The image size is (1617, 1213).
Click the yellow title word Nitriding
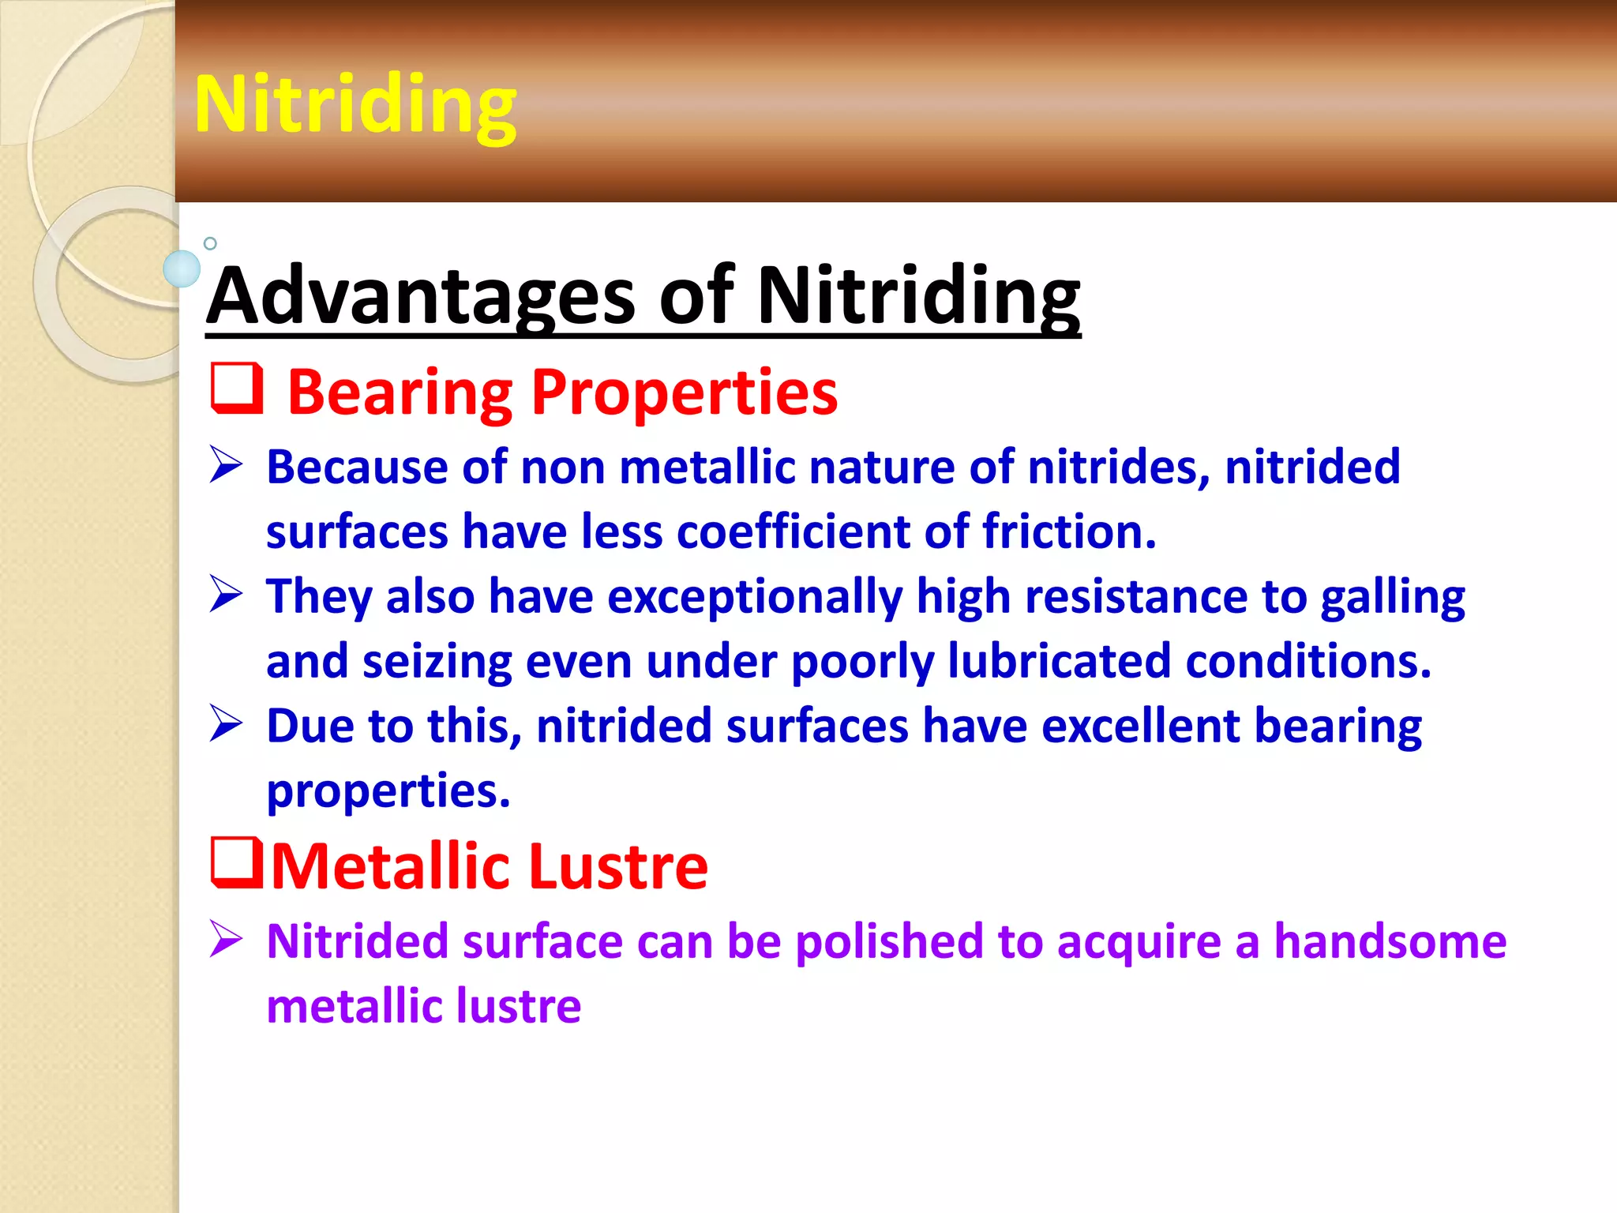[x=355, y=105]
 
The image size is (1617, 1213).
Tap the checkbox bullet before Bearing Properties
[x=237, y=389]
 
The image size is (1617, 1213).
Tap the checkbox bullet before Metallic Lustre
[x=237, y=863]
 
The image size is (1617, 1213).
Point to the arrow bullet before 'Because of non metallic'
[x=227, y=465]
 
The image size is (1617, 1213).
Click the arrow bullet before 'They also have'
[x=227, y=595]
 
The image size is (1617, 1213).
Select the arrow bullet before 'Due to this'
[x=227, y=724]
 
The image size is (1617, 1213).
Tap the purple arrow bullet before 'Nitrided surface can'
[x=227, y=940]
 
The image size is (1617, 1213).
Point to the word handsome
[x=1390, y=941]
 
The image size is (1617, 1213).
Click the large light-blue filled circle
[x=182, y=269]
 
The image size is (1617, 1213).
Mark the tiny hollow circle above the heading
[x=210, y=243]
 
